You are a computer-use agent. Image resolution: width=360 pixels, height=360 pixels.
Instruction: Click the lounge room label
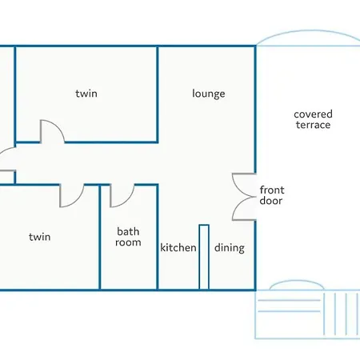[209, 94]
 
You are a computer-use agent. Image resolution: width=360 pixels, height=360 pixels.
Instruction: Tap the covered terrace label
[313, 119]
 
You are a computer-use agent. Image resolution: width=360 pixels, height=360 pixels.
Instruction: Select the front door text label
[272, 195]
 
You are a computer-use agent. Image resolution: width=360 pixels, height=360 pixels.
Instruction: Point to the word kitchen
[178, 247]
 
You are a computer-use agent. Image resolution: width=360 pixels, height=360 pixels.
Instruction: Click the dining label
[230, 248]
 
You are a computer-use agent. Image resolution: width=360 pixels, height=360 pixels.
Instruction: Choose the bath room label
[128, 237]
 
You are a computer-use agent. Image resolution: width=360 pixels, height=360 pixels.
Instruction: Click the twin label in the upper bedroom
[86, 94]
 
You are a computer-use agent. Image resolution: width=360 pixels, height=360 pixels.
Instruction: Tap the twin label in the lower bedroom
[40, 237]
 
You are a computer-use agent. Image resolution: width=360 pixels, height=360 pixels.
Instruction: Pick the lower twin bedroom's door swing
[78, 200]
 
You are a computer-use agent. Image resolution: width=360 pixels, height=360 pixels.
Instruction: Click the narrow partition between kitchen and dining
[204, 257]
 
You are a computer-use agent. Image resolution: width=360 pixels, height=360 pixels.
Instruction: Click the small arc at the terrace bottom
[297, 281]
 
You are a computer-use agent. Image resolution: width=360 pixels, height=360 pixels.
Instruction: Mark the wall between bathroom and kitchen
[158, 237]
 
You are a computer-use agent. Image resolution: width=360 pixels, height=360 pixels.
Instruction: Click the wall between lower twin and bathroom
[100, 237]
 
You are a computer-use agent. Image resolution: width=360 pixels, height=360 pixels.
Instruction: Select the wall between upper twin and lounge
[158, 94]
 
